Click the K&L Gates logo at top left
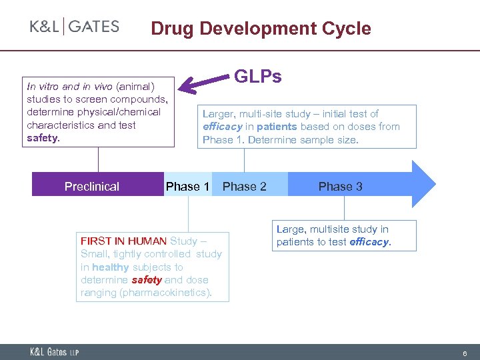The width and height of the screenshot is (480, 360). (74, 27)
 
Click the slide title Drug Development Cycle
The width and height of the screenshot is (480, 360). (261, 29)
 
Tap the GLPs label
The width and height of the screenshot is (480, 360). (257, 77)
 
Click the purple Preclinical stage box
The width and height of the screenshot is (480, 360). (92, 186)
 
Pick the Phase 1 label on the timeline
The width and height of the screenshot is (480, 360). (187, 187)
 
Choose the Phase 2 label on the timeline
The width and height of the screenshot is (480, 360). (244, 187)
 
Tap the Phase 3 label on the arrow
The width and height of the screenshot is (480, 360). (340, 187)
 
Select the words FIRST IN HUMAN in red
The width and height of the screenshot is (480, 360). (124, 241)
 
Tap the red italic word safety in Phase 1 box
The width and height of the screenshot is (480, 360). (147, 280)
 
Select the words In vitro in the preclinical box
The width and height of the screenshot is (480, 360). (45, 86)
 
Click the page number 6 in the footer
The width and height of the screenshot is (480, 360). (464, 352)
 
